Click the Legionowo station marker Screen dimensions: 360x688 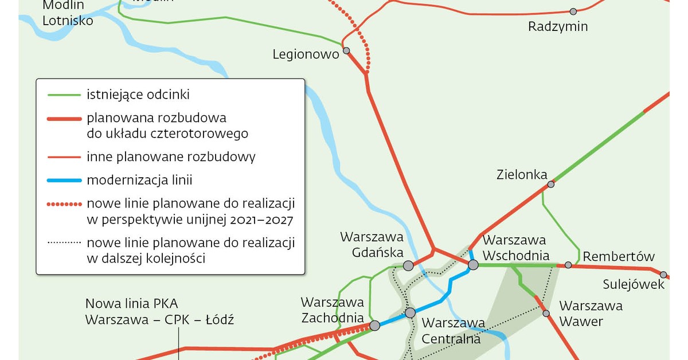coord(346,50)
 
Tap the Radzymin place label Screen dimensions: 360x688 coord(558,27)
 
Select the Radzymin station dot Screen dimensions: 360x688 coord(573,11)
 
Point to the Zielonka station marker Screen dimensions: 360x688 coord(551,184)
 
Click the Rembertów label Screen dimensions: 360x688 coord(619,256)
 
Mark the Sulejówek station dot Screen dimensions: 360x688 coord(663,275)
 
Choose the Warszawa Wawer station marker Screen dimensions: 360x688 coord(546,314)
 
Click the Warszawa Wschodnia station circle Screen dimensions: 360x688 coord(473,265)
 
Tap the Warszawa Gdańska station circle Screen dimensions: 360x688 coord(408,265)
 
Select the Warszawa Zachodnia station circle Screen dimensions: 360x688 coord(375,326)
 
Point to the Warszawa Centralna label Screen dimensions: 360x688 coord(454,331)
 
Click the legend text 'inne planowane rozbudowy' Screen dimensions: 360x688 coord(171,156)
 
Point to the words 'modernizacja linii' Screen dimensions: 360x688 coord(139,181)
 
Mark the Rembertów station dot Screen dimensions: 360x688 coord(568,265)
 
